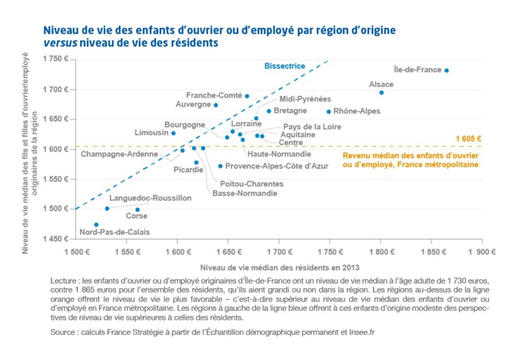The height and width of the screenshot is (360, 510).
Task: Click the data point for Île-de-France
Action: coord(446,70)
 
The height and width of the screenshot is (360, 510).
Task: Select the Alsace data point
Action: coord(381,92)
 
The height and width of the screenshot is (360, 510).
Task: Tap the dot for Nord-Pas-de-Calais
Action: coord(96,225)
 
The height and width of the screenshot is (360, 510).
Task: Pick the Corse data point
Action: coord(137,209)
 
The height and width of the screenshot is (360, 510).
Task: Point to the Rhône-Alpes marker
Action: coord(328,112)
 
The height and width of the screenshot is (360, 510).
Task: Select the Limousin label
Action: coord(151,132)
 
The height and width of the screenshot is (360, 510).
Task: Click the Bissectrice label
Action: coord(285,66)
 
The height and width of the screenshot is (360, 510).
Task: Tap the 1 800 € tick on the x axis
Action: coord(381,251)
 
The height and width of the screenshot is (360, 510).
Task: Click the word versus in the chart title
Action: coord(61,43)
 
